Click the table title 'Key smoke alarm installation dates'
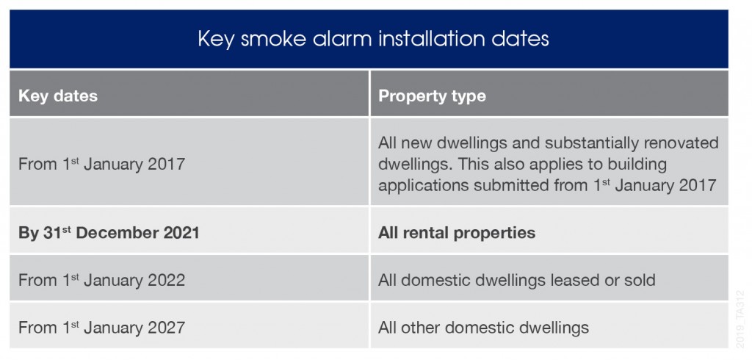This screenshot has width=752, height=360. (373, 39)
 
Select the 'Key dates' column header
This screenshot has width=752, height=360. (58, 96)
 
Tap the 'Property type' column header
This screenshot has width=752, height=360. (432, 96)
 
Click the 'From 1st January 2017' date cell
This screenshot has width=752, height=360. (101, 164)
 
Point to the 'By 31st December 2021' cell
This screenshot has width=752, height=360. (109, 233)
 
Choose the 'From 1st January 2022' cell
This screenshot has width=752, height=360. (101, 280)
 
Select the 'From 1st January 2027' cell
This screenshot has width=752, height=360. (101, 327)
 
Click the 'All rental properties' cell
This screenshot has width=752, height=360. (457, 233)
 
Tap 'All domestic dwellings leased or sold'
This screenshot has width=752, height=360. (516, 280)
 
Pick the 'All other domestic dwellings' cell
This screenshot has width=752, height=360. (483, 327)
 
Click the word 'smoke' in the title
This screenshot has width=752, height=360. (264, 39)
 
